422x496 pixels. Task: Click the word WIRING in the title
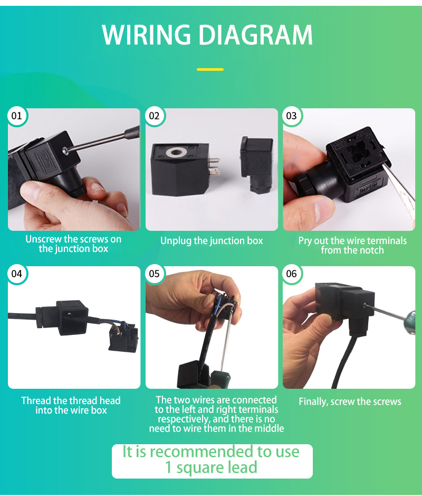(146, 34)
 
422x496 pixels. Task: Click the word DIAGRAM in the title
(256, 34)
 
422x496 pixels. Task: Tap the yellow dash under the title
(210, 69)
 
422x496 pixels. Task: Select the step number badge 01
(17, 116)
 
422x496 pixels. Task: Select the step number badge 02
(154, 116)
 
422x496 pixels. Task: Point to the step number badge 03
(291, 116)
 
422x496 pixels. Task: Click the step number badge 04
(17, 274)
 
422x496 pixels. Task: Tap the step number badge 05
(154, 274)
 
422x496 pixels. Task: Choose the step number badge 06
(291, 274)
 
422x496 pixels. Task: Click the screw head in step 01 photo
(65, 151)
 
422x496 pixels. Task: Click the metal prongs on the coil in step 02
(214, 167)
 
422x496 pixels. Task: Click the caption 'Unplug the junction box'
(212, 241)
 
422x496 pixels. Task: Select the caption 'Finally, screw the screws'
(350, 402)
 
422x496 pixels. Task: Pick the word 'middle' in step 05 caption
(269, 428)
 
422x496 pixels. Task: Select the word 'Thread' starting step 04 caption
(36, 401)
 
